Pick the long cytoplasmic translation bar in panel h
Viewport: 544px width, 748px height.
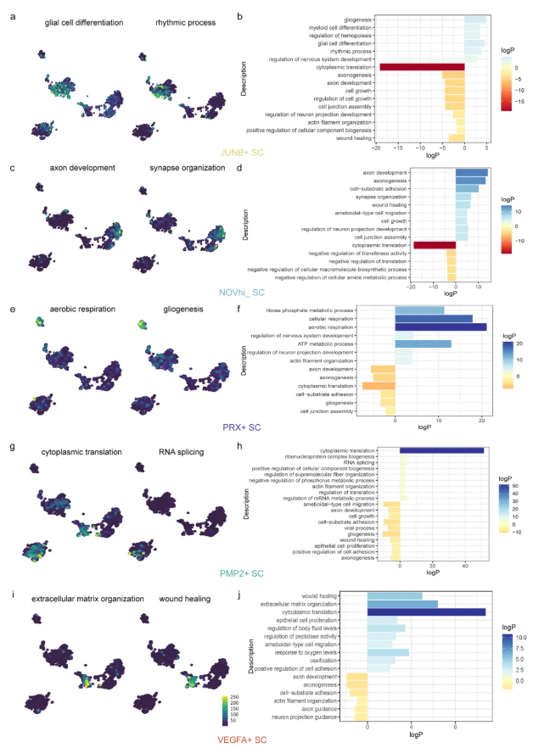tap(441, 450)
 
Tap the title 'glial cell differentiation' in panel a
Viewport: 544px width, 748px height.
tap(84, 23)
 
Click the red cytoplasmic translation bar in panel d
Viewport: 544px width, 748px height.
tap(435, 245)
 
